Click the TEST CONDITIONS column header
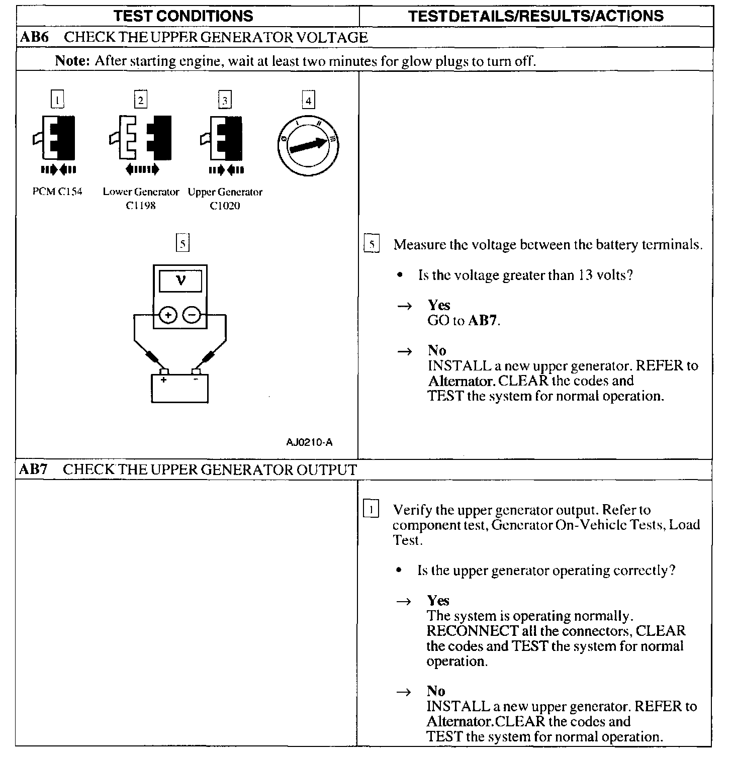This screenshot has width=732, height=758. (x=183, y=16)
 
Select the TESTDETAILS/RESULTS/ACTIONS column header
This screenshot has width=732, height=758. (x=536, y=16)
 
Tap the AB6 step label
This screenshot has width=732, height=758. (x=34, y=37)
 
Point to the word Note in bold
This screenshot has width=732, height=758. (x=72, y=61)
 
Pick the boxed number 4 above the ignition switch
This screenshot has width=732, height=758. (x=308, y=101)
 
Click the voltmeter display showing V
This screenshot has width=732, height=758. (x=180, y=281)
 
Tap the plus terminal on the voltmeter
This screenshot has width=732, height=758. (x=168, y=316)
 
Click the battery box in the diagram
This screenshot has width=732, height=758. (x=179, y=389)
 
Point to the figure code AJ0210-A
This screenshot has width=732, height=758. (x=309, y=442)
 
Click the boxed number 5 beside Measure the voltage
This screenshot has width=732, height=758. (x=372, y=245)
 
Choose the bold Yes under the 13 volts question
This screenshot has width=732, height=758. (x=439, y=305)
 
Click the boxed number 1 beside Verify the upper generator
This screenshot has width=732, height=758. (x=371, y=510)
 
